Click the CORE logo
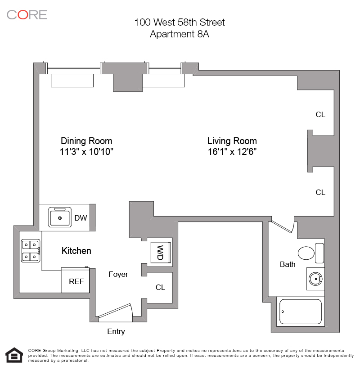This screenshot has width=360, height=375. click(x=27, y=15)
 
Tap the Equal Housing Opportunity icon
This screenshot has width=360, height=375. click(x=14, y=355)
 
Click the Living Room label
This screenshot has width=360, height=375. click(x=232, y=141)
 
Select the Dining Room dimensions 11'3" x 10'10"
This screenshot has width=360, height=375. click(x=86, y=152)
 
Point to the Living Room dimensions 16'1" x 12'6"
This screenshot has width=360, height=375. click(x=232, y=152)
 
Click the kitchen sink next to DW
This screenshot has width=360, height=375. click(x=60, y=217)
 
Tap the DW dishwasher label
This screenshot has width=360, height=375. click(x=81, y=218)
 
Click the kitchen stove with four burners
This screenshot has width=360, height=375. click(x=31, y=251)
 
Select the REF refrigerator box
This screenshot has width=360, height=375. click(x=75, y=280)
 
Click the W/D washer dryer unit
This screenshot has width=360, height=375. click(x=161, y=253)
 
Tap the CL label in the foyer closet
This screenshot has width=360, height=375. click(x=160, y=287)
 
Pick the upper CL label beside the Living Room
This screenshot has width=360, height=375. click(x=320, y=114)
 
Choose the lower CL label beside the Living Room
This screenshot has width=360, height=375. click(x=320, y=192)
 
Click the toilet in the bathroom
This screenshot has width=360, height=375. click(x=311, y=253)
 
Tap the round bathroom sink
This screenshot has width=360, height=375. click(x=315, y=279)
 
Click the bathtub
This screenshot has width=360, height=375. click(x=301, y=312)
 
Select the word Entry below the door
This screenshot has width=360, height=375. click(x=116, y=331)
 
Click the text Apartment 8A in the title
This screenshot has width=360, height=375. click(x=180, y=34)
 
